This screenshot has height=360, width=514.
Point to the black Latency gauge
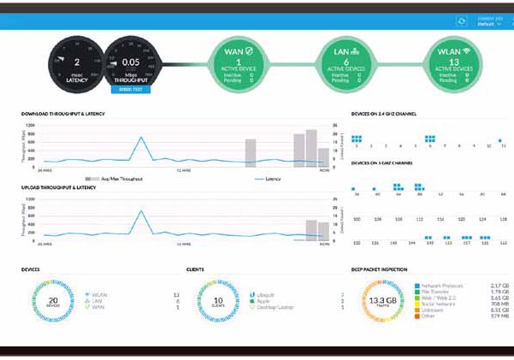click(x=76, y=62)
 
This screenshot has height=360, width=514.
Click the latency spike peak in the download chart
click(x=140, y=136)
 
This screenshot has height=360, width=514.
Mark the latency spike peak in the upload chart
click(x=140, y=210)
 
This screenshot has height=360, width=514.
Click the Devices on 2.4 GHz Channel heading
click(x=384, y=113)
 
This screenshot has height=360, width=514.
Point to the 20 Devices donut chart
click(x=53, y=303)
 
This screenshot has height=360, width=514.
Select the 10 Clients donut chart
click(x=220, y=303)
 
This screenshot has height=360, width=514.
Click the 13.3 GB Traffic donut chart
click(x=381, y=303)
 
